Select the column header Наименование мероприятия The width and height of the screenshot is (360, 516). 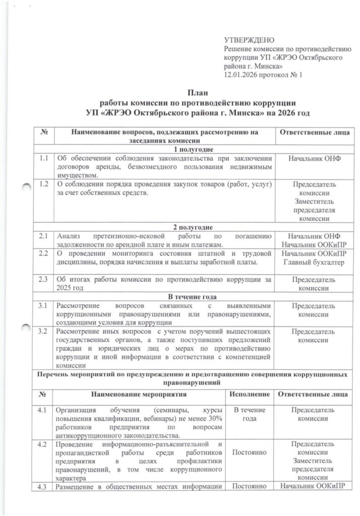click(x=139, y=394)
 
